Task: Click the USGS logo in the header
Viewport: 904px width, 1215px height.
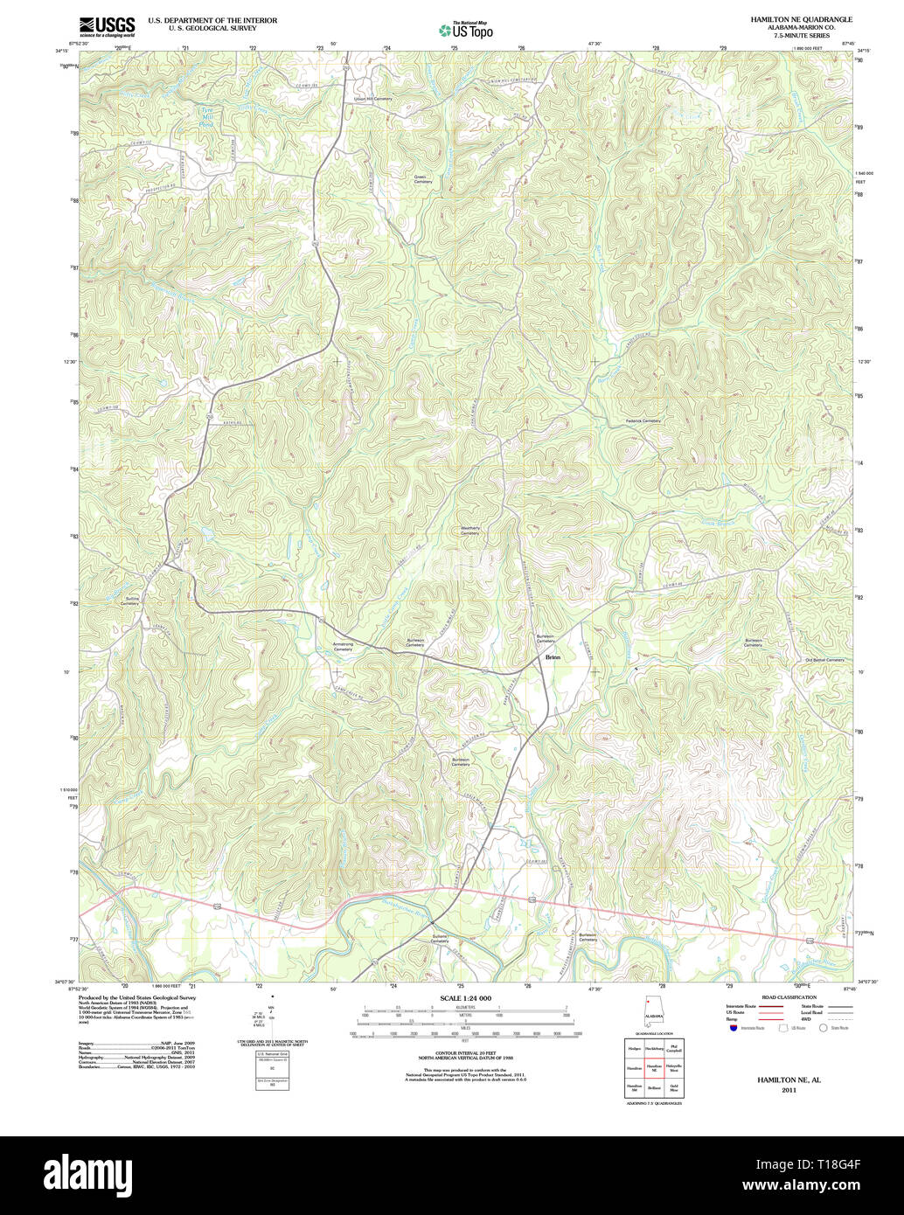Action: [107, 25]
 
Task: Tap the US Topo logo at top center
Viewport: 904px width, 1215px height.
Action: [466, 29]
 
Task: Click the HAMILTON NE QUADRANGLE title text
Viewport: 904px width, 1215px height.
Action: [802, 18]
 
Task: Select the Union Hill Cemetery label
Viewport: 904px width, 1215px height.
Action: [372, 99]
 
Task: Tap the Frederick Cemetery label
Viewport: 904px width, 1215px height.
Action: [643, 420]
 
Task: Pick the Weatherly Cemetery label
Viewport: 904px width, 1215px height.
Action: [470, 531]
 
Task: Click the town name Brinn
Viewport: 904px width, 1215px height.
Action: [553, 656]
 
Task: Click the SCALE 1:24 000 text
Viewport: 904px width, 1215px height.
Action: [465, 998]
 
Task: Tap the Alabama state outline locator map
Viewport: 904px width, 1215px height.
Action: [652, 1011]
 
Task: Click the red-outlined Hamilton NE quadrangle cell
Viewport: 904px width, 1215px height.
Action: [654, 1067]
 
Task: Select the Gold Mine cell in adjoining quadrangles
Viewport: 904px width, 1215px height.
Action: [674, 1088]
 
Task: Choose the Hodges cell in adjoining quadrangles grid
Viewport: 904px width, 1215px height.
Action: [635, 1047]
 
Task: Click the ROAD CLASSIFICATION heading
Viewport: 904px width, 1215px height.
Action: [789, 997]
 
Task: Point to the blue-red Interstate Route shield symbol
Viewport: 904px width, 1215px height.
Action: [732, 1028]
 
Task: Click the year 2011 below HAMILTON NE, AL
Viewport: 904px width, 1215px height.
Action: [789, 1090]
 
